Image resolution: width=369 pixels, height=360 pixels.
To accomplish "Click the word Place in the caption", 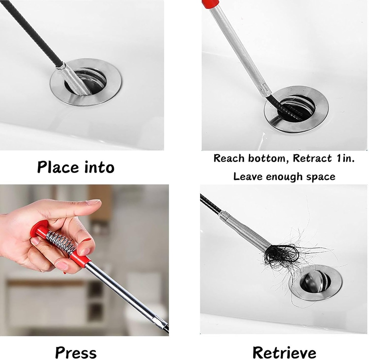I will (58, 167).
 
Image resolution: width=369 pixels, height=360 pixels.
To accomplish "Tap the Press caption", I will (76, 352).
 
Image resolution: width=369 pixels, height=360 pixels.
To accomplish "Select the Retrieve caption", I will (284, 352).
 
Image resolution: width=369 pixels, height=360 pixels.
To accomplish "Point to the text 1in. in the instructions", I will (344, 158).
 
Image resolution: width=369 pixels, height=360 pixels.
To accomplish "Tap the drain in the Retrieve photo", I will (316, 283).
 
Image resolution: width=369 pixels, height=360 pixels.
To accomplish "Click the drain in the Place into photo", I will (86, 82).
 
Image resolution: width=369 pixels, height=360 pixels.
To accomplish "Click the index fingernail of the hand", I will (93, 202).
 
